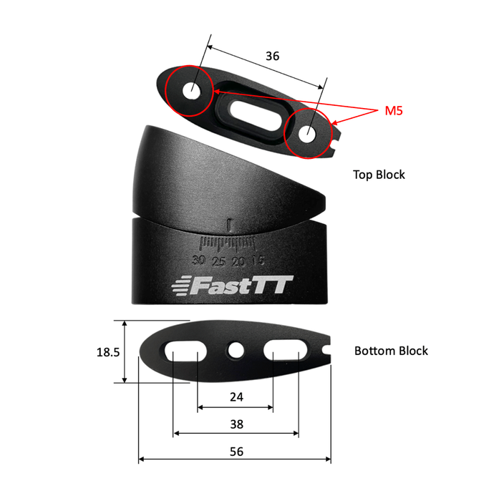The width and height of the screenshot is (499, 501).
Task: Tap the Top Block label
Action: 379,174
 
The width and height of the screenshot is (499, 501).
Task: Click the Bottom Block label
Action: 391,351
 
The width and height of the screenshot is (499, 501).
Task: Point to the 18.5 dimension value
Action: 107,352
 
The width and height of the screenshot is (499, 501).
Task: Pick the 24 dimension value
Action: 235,396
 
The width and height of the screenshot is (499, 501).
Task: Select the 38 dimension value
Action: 236,424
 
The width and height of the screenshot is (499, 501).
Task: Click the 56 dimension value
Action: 235,451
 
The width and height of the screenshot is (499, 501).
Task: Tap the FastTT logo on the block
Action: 233,286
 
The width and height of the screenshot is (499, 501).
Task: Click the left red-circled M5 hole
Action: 193,92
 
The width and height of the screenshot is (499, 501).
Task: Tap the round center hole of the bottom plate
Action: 235,350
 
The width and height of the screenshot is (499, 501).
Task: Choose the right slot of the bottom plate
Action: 285,351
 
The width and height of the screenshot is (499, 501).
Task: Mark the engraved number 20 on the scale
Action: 238,261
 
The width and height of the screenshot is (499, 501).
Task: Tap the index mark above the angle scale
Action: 228,223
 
